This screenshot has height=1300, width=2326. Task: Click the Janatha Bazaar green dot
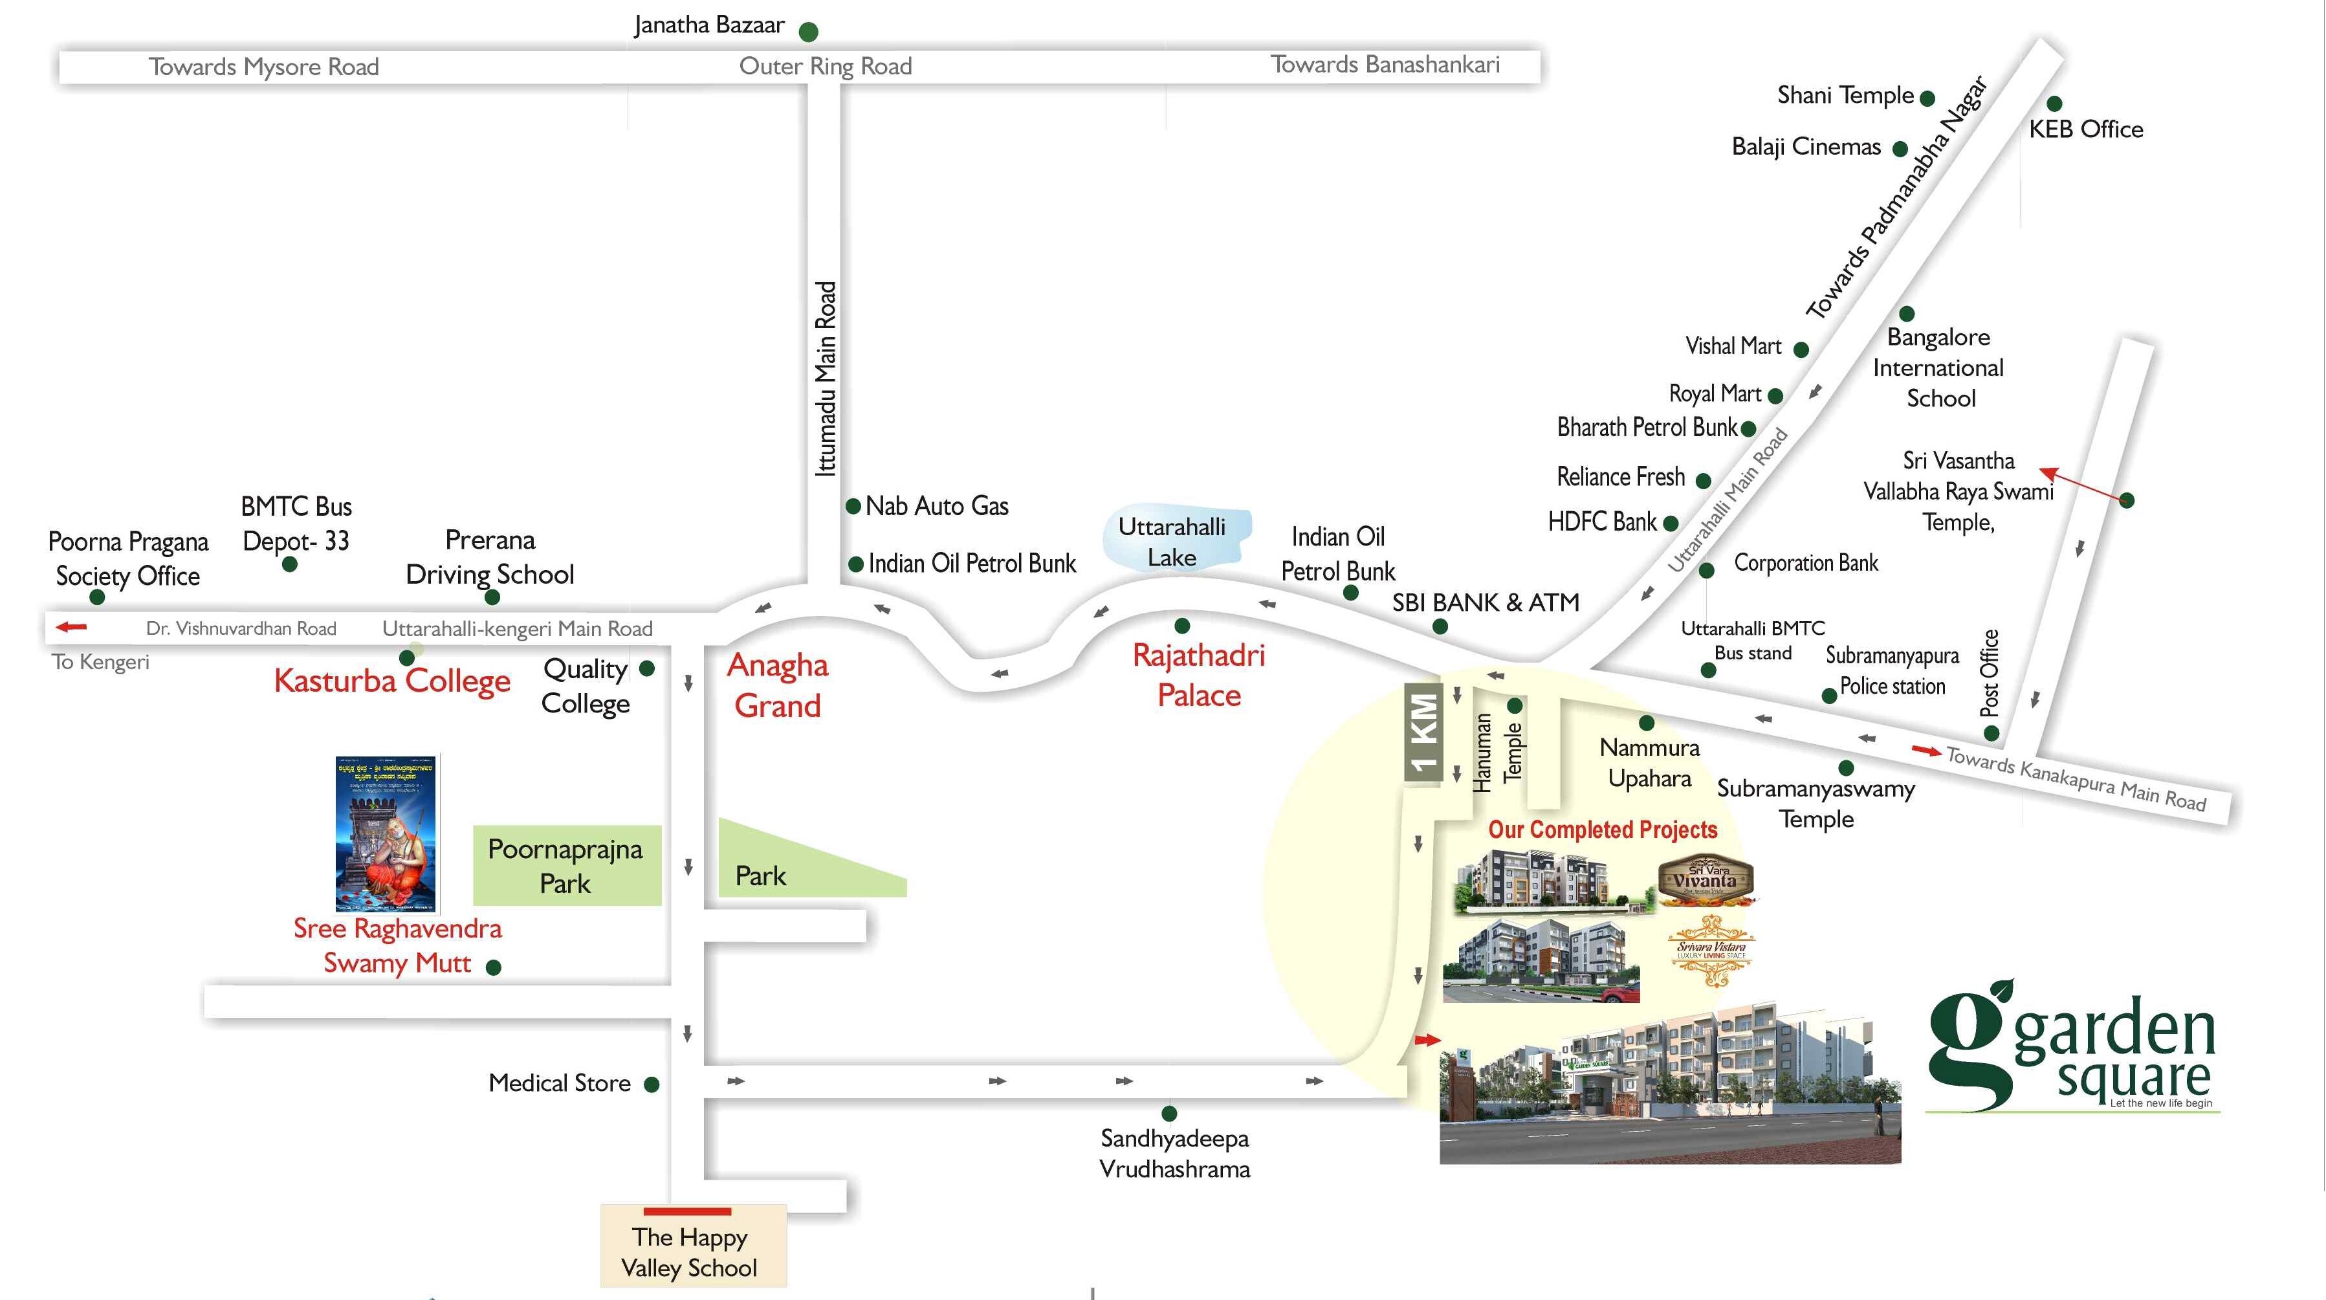[808, 32]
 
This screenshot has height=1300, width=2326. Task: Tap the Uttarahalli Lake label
[1172, 542]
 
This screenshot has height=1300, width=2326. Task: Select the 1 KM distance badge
[1423, 732]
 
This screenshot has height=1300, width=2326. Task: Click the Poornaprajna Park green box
[566, 865]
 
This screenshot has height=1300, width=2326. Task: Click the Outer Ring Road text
[826, 66]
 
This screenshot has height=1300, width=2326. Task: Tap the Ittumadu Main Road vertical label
[826, 379]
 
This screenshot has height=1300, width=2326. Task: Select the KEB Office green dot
[2054, 104]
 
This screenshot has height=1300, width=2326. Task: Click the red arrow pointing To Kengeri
[71, 626]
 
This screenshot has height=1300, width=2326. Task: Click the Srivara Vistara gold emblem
[1711, 950]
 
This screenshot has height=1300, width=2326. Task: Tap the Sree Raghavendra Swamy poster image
[386, 833]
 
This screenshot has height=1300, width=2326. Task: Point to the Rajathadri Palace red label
[1198, 676]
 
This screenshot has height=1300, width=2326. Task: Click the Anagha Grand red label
[778, 685]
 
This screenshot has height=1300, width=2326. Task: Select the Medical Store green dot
[651, 1085]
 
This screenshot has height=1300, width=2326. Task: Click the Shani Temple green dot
[1927, 98]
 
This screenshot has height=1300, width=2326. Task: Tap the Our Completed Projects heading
[1602, 830]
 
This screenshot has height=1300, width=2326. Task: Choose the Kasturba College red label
[392, 681]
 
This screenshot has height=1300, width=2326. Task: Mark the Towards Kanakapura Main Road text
[2075, 778]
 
